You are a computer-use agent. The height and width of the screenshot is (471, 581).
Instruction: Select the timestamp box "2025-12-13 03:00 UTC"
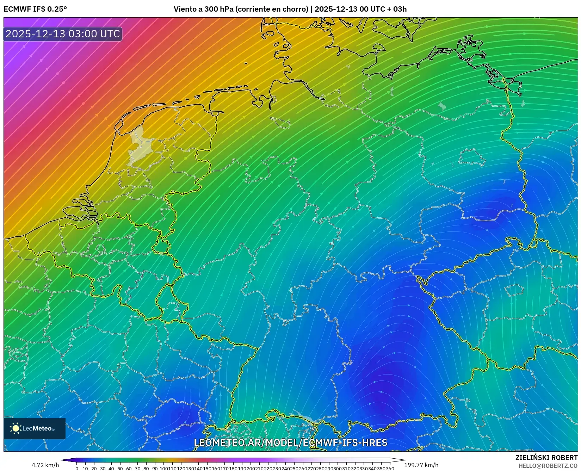click(63, 34)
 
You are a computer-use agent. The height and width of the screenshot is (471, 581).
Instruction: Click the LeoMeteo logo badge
click(35, 428)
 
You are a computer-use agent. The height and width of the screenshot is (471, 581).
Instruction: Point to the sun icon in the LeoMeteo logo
click(16, 428)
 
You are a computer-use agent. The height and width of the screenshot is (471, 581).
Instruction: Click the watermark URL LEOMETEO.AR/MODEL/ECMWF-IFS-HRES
click(290, 442)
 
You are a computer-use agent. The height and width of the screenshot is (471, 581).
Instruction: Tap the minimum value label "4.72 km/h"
click(45, 465)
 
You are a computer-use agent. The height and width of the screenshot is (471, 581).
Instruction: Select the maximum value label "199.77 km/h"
click(421, 465)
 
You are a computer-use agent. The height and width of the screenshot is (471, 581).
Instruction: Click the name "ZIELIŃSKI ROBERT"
click(546, 458)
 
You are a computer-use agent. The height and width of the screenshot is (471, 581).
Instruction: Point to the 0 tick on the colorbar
click(77, 469)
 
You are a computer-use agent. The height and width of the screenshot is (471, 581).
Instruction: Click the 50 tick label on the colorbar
click(120, 469)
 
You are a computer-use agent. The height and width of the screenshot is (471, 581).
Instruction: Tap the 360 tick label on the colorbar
click(390, 469)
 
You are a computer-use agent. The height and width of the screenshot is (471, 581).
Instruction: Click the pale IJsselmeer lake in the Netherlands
click(139, 146)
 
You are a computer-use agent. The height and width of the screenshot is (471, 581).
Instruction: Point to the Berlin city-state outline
click(471, 157)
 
